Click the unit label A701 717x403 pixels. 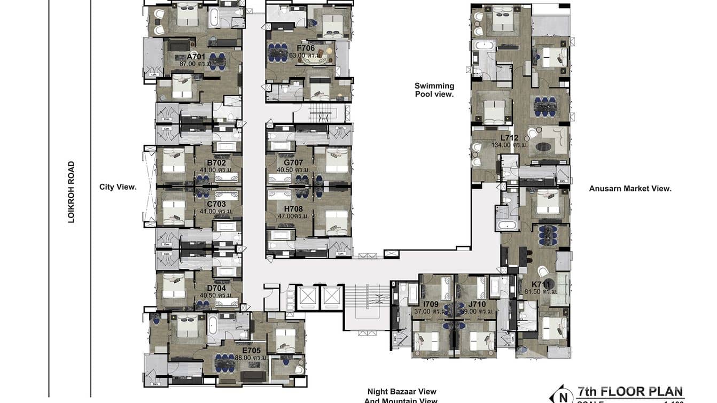coord(196,56)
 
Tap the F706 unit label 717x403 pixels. coord(306,48)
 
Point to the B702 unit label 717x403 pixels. coord(216,162)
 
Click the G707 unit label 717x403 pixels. coord(293,162)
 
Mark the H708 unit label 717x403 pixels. coord(293,208)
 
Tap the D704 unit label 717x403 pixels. coord(216,288)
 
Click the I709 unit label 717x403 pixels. coord(430,304)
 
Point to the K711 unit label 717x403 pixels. coord(541,284)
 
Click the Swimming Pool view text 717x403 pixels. coord(434,90)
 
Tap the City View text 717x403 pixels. coord(118,187)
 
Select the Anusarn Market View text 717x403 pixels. coord(630,188)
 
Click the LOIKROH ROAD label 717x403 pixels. coord(71,192)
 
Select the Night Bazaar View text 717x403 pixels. coord(402,392)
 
